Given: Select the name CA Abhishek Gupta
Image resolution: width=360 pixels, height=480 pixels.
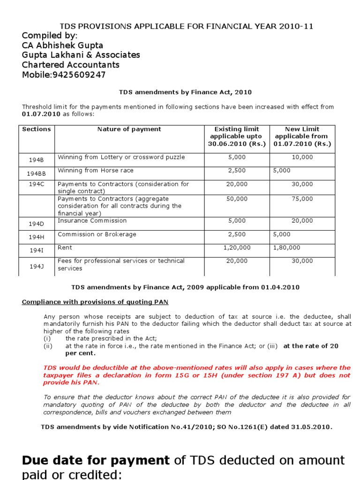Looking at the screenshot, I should [63, 45].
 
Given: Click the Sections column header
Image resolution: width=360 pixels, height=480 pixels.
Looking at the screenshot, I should [37, 129].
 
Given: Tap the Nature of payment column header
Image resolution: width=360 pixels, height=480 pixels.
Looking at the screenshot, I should [129, 129].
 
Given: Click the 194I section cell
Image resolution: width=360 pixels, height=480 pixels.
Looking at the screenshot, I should [37, 251].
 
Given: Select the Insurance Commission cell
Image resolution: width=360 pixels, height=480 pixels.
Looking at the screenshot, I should [92, 221].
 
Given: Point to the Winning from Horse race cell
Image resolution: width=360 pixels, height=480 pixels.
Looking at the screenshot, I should [95, 171].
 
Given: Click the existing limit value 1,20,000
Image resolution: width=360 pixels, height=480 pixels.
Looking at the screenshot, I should [237, 247].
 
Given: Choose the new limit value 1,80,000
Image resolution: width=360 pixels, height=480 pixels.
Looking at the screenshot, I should [286, 247].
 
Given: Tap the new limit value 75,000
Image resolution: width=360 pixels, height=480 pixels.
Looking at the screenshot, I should [302, 199].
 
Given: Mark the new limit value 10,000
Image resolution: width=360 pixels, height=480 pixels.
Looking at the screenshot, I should [302, 157].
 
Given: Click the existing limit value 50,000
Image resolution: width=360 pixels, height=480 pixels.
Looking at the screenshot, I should [237, 199].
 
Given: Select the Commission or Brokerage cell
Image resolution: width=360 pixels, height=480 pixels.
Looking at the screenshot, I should [97, 234].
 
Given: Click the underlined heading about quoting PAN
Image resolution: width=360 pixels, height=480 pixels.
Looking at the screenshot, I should [95, 302].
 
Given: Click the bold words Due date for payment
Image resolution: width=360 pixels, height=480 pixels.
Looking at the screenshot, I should [96, 460].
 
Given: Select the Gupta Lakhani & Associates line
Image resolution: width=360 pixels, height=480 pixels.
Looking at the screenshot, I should [81, 55].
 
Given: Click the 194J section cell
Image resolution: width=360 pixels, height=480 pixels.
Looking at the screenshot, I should [37, 266].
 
